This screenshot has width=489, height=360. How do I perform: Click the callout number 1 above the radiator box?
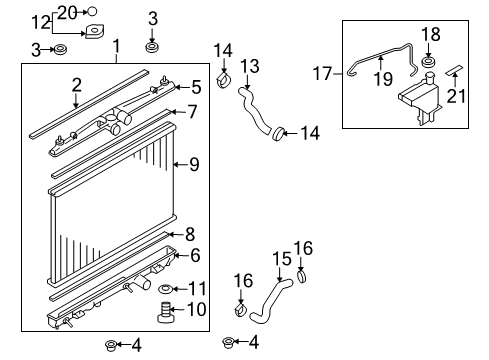(x=117, y=46)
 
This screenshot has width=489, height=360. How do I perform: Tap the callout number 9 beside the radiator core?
(x=195, y=163)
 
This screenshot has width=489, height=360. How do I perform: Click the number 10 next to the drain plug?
(x=196, y=309)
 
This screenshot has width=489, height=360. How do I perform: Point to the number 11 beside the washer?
(x=197, y=288)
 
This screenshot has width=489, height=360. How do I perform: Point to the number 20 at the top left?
(x=67, y=11)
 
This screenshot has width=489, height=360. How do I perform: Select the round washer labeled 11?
(x=164, y=289)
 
